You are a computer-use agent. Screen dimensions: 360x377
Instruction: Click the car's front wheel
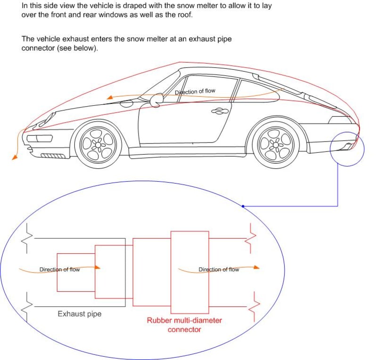pyautogui.click(x=97, y=143)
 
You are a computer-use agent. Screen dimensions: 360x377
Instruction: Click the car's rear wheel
pyautogui.click(x=276, y=142)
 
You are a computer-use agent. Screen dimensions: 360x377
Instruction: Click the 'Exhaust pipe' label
pyautogui.click(x=79, y=313)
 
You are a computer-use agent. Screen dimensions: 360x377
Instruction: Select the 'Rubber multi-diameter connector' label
pyautogui.click(x=184, y=325)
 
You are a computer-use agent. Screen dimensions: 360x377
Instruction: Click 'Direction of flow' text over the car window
pyautogui.click(x=195, y=92)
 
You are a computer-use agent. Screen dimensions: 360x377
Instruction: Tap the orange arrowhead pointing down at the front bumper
pyautogui.click(x=15, y=157)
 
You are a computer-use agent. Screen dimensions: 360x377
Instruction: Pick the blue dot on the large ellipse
pyautogui.click(x=243, y=206)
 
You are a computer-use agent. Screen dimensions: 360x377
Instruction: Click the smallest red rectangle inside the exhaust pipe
pyautogui.click(x=76, y=272)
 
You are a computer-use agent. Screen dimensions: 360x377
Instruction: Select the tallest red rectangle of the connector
pyautogui.click(x=189, y=272)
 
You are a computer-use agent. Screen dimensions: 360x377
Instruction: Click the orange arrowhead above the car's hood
pyautogui.click(x=109, y=98)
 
